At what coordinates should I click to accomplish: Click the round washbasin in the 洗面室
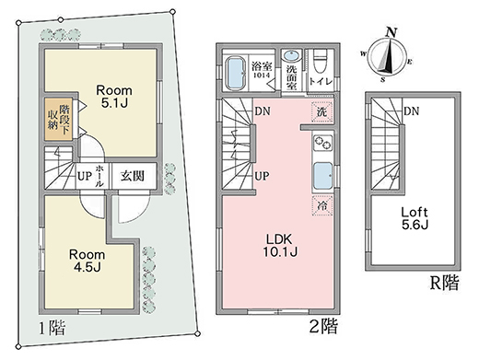pyautogui.click(x=293, y=54)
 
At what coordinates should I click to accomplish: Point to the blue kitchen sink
pyautogui.click(x=323, y=175)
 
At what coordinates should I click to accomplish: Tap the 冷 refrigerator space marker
pyautogui.click(x=322, y=208)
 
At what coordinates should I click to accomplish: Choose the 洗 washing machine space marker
pyautogui.click(x=321, y=111)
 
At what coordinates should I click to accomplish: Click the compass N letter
pyautogui.click(x=391, y=31)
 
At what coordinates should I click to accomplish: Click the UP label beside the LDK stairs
pyautogui.click(x=261, y=175)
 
